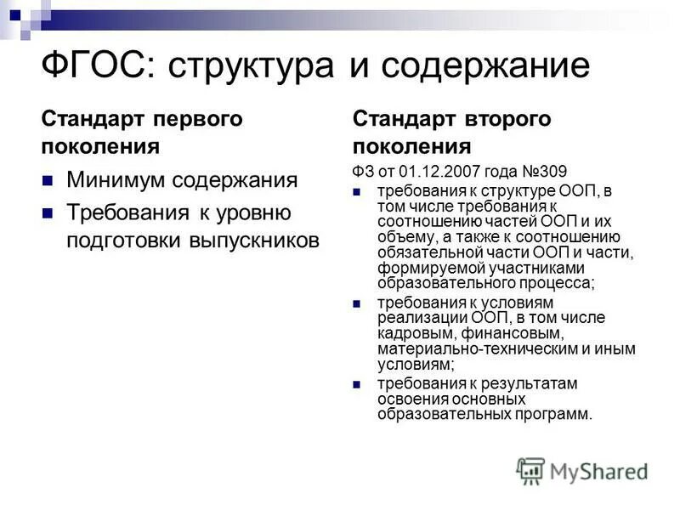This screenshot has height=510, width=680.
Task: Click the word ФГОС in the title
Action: coord(94,65)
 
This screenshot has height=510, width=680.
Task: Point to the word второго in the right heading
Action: coord(510,118)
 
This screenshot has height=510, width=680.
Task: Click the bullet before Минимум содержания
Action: coord(48,180)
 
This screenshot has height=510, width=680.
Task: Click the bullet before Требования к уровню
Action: coord(48,211)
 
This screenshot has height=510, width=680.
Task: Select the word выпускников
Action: coord(254,241)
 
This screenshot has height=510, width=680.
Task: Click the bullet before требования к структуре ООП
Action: coord(359,191)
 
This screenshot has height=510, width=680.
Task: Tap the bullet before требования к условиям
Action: coord(359,303)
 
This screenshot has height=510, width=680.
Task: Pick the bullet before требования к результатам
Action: coord(359,384)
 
